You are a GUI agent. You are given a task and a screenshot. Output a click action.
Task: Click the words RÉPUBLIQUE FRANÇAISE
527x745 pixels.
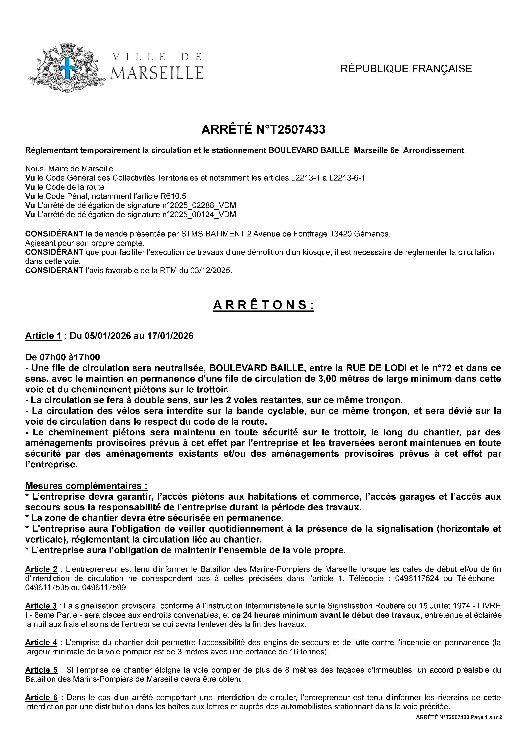pyautogui.click(x=406, y=69)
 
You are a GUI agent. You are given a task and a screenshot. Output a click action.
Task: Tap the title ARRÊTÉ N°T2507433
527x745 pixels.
pyautogui.click(x=263, y=130)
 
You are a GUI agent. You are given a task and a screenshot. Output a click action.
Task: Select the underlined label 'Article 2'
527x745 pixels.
pyautogui.click(x=41, y=569)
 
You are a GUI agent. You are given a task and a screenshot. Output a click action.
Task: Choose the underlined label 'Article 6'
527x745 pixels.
pyautogui.click(x=41, y=697)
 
